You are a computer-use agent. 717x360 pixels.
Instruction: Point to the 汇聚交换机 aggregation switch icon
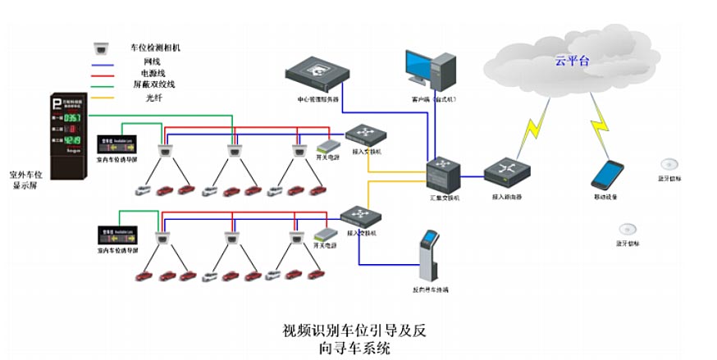(x=444, y=174)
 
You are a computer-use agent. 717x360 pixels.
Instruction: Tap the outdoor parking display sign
(x=70, y=125)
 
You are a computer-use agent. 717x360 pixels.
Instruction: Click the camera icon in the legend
(x=103, y=48)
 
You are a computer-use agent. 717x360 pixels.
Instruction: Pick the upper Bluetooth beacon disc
(x=670, y=163)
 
